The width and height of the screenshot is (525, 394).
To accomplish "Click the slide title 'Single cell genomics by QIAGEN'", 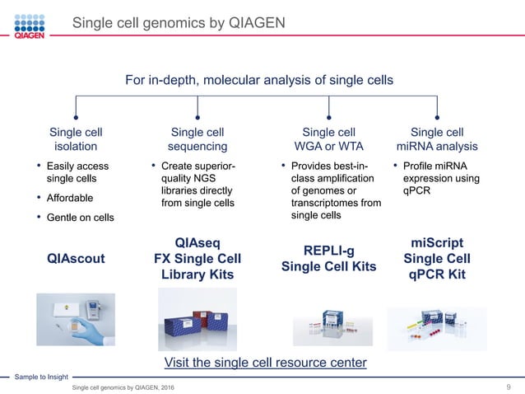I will (x=179, y=22).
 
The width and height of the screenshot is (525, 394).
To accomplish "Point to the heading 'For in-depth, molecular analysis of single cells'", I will (x=258, y=80).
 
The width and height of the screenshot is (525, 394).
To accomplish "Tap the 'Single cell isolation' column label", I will (x=76, y=138).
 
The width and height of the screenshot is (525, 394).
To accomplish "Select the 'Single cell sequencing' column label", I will (x=197, y=138).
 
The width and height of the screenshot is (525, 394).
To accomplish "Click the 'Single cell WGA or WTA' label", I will (x=328, y=138).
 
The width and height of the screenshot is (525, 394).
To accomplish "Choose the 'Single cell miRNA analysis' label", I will (x=437, y=138).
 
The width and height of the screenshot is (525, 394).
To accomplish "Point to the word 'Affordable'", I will (x=70, y=198).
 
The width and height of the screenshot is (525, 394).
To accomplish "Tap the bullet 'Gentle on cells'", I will (x=80, y=217).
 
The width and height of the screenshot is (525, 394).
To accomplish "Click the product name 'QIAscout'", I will (x=76, y=258).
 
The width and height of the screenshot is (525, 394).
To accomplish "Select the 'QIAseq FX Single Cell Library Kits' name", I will (x=197, y=258).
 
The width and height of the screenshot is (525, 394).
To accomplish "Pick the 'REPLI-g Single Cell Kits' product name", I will (x=328, y=258).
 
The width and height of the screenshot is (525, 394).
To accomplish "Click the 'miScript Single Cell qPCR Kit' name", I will (x=437, y=258).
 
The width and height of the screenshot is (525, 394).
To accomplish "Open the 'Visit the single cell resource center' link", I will (x=264, y=363).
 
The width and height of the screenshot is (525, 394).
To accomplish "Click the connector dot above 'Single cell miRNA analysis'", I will (x=437, y=117).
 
